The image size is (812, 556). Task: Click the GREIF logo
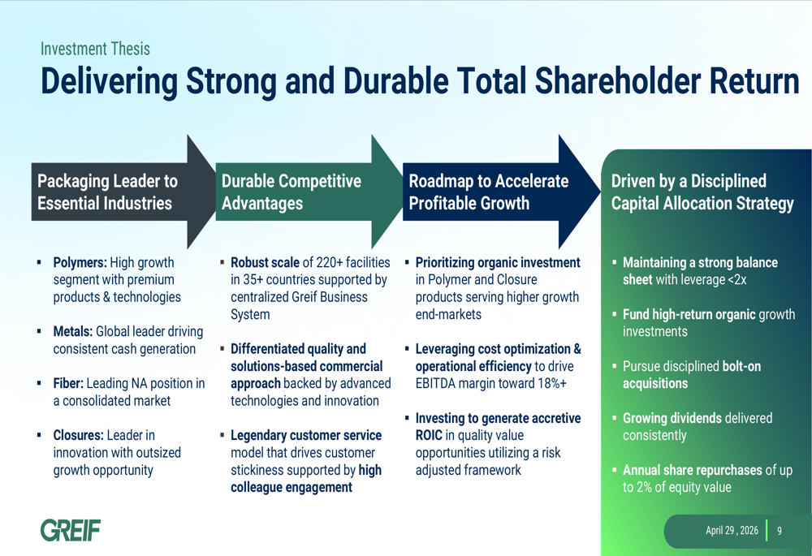(x=71, y=530)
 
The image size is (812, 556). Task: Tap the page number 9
(x=779, y=531)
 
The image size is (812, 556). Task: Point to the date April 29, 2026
(x=732, y=531)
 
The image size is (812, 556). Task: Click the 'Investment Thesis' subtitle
(x=95, y=49)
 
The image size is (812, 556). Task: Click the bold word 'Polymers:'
(x=80, y=262)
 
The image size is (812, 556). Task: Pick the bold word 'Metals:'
(x=72, y=331)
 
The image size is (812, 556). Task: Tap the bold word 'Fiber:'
(x=68, y=383)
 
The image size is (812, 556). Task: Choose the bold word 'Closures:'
(x=78, y=435)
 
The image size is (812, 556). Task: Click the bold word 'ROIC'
(x=429, y=435)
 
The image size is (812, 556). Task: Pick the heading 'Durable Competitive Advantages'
(x=291, y=192)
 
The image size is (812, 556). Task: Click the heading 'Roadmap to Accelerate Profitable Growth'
(x=488, y=192)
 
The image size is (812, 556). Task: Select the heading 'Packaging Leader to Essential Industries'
(x=107, y=192)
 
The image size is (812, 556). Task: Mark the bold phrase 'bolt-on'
(x=741, y=366)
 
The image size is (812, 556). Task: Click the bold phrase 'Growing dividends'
(x=672, y=418)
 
